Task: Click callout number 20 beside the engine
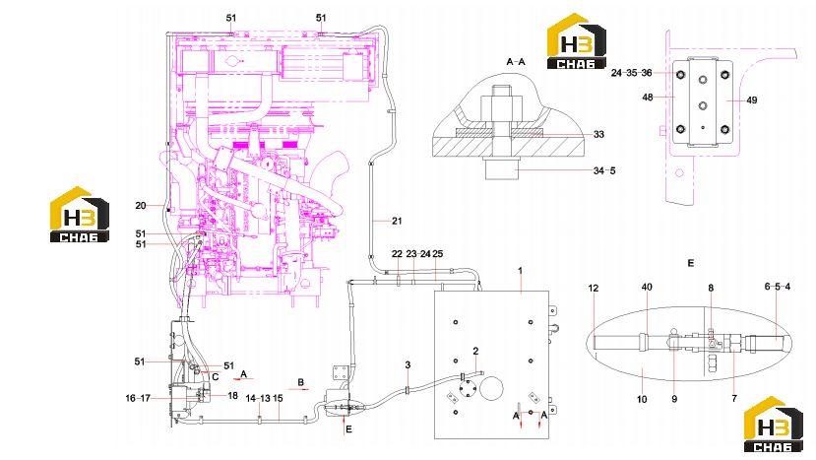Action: pos(141,205)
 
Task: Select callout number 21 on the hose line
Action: pos(397,221)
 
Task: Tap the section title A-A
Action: pos(516,61)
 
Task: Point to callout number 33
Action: pos(599,134)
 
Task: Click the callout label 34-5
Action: pos(604,170)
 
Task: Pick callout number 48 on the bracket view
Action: pos(648,97)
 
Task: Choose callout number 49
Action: pos(751,100)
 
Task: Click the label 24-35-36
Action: pos(631,73)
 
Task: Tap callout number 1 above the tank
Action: pos(520,270)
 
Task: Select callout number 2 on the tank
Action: pos(475,351)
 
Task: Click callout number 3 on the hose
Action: pos(408,365)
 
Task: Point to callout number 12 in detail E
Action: pos(594,288)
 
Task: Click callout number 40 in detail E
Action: pos(647,287)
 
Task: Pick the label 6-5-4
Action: pos(778,287)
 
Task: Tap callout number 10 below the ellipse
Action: pos(642,399)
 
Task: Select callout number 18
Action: pos(232,396)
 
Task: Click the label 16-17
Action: pos(138,398)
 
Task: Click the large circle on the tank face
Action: pos(492,389)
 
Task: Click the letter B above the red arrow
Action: pos(301,382)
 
